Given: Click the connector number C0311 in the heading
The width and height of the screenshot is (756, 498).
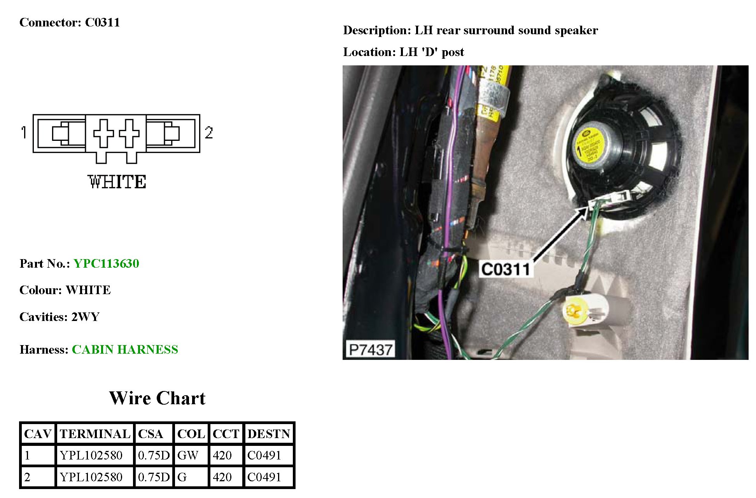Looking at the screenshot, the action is click(x=102, y=22).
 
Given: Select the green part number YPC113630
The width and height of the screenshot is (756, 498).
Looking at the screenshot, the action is click(x=106, y=263).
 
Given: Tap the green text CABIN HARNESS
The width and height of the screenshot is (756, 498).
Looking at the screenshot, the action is click(x=125, y=349).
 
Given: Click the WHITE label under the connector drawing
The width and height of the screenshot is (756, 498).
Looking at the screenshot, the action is click(x=117, y=182).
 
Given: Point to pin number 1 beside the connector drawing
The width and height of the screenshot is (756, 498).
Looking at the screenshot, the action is click(x=24, y=132).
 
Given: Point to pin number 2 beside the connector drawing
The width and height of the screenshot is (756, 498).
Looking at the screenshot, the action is click(x=209, y=133).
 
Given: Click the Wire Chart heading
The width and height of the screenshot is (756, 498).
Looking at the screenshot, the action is click(x=157, y=398).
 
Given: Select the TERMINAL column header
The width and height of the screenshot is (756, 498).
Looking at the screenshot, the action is click(x=95, y=434).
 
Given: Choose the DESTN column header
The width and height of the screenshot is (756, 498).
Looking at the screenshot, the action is click(x=269, y=434).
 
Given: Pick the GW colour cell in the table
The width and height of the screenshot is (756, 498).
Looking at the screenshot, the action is click(x=188, y=455).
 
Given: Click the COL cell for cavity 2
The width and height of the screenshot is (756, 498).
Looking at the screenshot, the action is click(x=182, y=477).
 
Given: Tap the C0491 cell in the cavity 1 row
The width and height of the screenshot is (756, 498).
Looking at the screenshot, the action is click(x=264, y=455).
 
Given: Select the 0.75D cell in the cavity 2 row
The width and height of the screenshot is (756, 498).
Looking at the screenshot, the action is click(x=154, y=477).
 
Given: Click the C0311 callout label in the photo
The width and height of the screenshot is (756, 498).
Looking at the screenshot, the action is click(x=506, y=269).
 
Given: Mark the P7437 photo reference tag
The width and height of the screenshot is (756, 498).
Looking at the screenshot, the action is click(x=370, y=349).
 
